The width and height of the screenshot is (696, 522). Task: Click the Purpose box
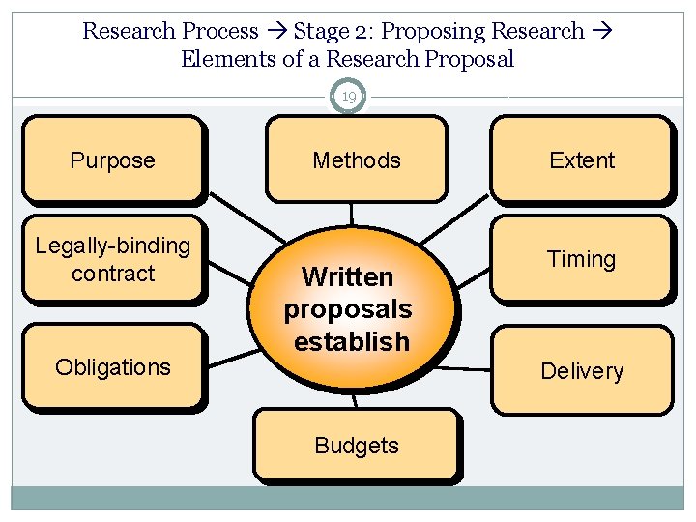tap(112, 159)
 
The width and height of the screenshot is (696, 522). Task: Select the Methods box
tap(356, 159)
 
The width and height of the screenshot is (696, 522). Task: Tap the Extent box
tap(581, 159)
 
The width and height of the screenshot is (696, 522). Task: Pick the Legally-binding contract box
tap(112, 259)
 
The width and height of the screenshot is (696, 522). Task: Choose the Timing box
tap(581, 258)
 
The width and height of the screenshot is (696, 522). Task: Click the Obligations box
tap(112, 366)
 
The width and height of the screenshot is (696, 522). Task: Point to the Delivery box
tap(582, 370)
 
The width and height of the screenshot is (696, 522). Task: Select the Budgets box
tap(356, 446)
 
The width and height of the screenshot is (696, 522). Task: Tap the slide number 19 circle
tap(348, 97)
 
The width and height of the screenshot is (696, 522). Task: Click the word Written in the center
tap(347, 277)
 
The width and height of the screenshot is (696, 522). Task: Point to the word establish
tap(352, 342)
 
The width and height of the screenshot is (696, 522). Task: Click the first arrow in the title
tap(275, 31)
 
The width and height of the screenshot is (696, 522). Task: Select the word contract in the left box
tap(112, 274)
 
